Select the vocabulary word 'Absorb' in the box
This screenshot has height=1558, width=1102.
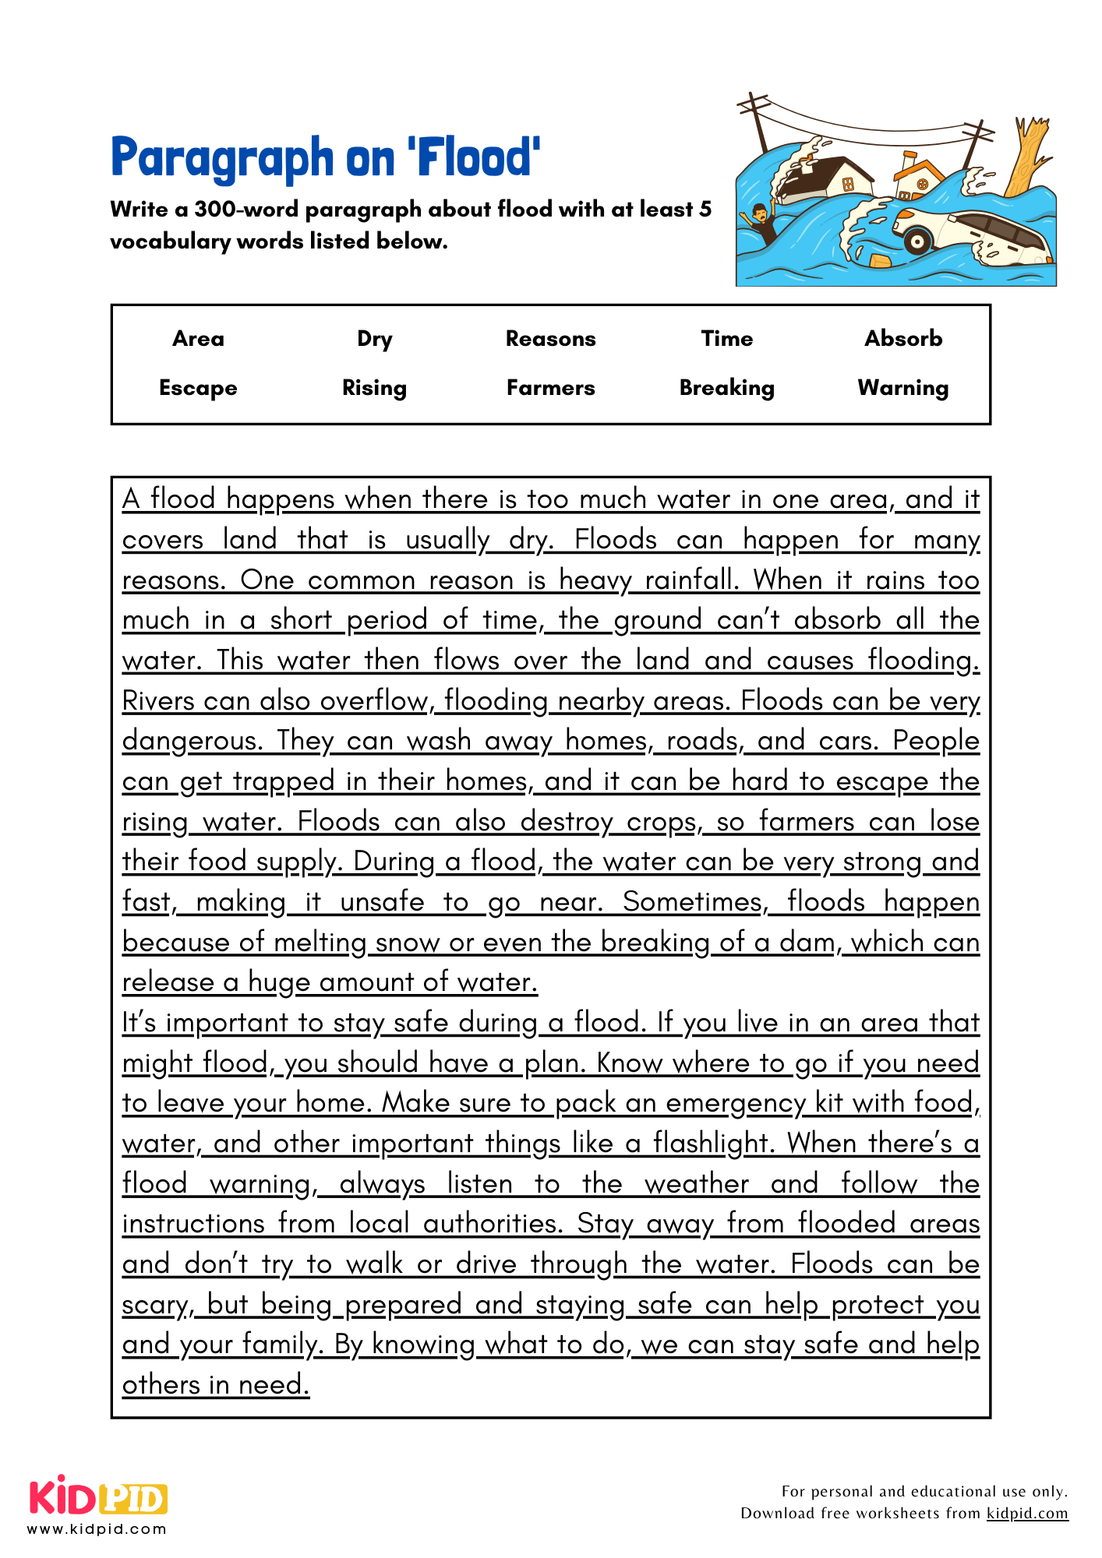click(x=903, y=339)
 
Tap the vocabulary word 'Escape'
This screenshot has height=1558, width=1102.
click(x=198, y=388)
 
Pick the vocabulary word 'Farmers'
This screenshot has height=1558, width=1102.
click(x=550, y=388)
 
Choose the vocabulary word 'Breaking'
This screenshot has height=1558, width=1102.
click(x=726, y=388)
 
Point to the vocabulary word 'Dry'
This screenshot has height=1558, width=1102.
click(x=374, y=340)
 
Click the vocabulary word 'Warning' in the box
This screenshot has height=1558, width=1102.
click(x=903, y=388)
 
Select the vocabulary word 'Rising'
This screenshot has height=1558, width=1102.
click(x=374, y=388)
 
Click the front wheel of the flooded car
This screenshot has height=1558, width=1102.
click(x=917, y=241)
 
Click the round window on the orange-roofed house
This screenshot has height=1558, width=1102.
click(x=923, y=185)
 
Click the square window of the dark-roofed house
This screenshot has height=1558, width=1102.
click(x=848, y=185)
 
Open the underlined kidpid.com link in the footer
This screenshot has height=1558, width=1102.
click(x=1026, y=1513)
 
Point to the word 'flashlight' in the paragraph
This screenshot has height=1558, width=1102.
click(x=712, y=1144)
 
